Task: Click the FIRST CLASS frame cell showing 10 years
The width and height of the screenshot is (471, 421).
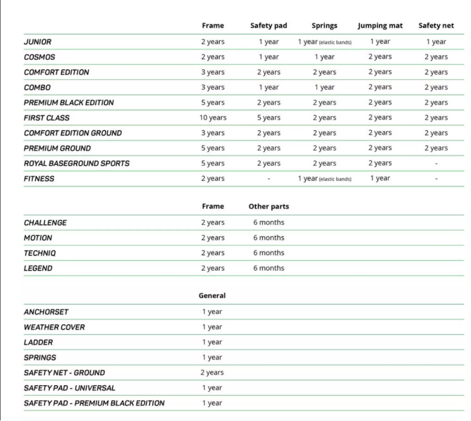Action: click(x=213, y=118)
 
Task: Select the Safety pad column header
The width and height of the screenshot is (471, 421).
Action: click(x=268, y=26)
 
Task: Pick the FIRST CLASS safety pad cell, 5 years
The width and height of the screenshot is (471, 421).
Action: click(x=268, y=118)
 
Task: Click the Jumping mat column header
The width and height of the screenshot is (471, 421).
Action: click(x=380, y=26)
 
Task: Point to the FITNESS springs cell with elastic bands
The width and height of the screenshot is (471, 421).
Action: click(x=324, y=179)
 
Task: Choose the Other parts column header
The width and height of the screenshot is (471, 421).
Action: click(x=268, y=207)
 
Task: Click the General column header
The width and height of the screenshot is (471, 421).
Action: click(x=212, y=295)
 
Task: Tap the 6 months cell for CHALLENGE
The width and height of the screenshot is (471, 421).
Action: click(x=268, y=223)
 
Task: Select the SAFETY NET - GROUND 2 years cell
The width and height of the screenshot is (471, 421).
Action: click(x=212, y=372)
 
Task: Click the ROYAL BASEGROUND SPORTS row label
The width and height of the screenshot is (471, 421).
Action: click(x=77, y=164)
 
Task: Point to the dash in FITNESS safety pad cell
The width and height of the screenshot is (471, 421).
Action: click(x=268, y=179)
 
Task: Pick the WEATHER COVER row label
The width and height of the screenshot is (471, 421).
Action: click(x=54, y=327)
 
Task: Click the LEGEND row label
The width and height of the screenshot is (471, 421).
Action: click(x=38, y=268)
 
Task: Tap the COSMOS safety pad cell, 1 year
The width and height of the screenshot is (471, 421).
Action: click(x=268, y=57)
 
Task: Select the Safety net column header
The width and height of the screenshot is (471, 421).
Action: click(x=436, y=26)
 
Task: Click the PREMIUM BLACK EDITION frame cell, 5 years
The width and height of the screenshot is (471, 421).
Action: click(x=213, y=103)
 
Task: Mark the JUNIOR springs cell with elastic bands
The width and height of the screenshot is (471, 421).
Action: click(x=324, y=42)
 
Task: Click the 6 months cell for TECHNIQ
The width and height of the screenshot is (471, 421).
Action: click(x=268, y=253)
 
